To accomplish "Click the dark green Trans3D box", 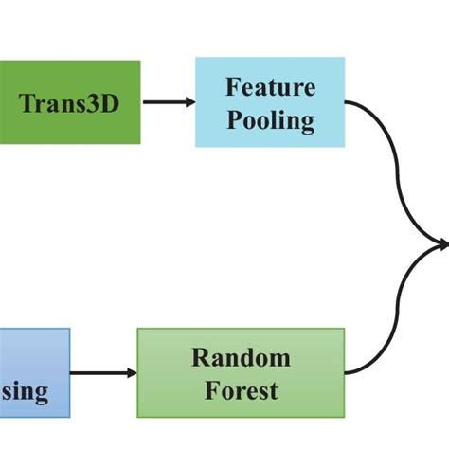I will pos(70,102).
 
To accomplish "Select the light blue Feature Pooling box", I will pos(270,102).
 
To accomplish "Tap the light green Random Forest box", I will pos(241,372).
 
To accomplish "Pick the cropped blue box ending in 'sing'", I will pos(34,372).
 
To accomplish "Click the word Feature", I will pos(270,88).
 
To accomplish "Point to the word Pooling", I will pos(270,119).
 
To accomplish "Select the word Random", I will pos(241,357).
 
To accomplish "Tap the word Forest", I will pos(241,389).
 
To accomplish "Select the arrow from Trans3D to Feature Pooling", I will pos(168,102).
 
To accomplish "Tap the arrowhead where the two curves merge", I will pos(442,245).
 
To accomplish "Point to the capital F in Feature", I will pos(232,88).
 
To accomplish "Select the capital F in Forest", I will pos(209,389).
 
